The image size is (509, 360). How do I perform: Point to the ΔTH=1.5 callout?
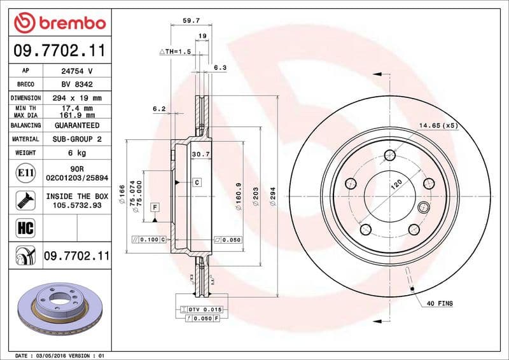click(x=175, y=51)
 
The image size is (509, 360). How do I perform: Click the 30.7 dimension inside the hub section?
click(x=200, y=155)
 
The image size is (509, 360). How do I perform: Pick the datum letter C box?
click(x=197, y=183)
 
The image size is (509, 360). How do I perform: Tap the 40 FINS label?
click(x=440, y=304)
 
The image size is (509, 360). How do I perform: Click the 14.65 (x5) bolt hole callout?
click(x=438, y=125)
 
